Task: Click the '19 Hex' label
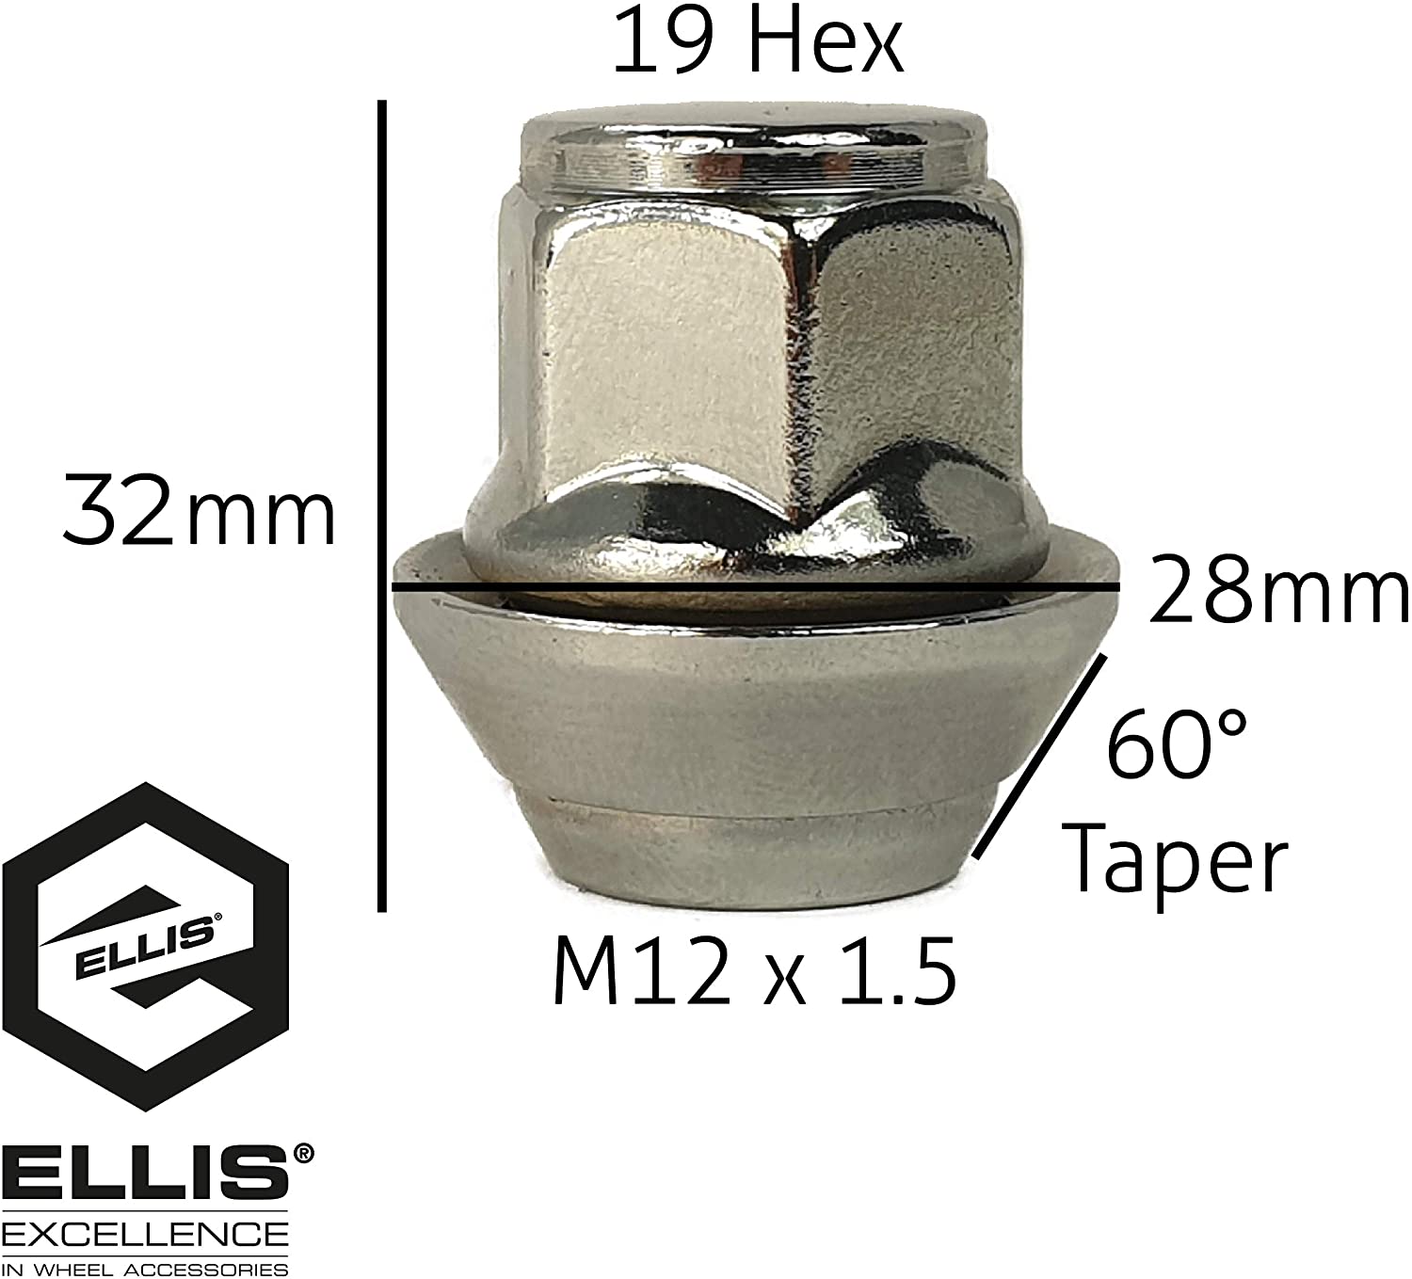[x=758, y=44]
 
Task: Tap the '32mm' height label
[x=199, y=513]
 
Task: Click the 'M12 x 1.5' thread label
[x=754, y=970]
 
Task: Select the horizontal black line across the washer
[x=753, y=587]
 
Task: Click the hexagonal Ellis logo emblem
[x=146, y=946]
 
